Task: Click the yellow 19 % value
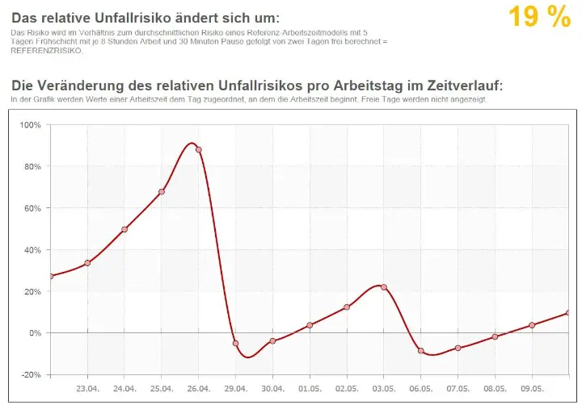(x=539, y=17)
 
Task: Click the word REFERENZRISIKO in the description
(x=46, y=51)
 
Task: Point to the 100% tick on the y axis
(x=29, y=125)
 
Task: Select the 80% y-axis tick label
(x=31, y=166)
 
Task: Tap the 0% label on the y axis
(x=33, y=332)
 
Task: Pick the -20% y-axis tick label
(x=30, y=374)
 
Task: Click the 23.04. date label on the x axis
(x=87, y=388)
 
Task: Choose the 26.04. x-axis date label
(x=199, y=388)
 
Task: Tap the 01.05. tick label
(x=310, y=388)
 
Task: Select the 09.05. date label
(x=532, y=388)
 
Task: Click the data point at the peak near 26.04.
(x=199, y=150)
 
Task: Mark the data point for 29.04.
(x=236, y=344)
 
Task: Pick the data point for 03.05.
(x=384, y=287)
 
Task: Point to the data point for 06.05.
(x=421, y=351)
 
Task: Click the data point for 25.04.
(x=162, y=192)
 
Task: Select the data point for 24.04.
(x=124, y=229)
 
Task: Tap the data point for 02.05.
(x=347, y=307)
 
